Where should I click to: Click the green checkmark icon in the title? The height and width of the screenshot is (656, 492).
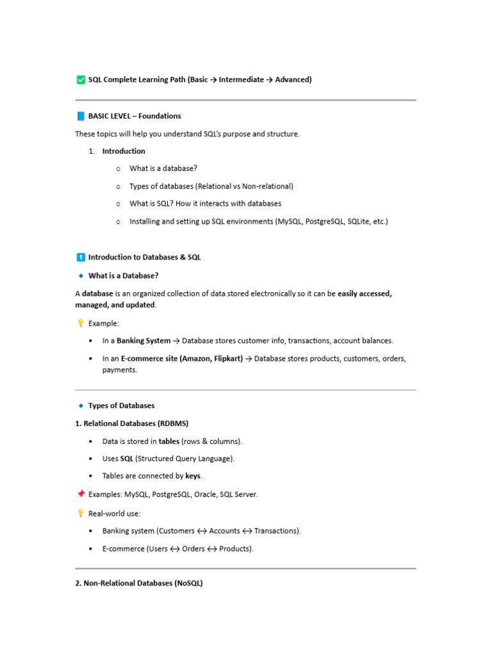(80, 80)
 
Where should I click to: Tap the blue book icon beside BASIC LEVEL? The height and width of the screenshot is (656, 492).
(80, 116)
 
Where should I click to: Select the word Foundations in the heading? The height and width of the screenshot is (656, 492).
(160, 116)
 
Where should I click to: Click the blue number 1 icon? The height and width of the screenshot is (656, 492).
(80, 258)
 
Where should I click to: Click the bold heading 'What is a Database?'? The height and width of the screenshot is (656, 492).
(123, 275)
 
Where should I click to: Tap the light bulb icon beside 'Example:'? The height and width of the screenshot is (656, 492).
(80, 324)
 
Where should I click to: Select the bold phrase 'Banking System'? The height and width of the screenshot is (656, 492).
(143, 341)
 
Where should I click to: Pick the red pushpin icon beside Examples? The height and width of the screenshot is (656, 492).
(80, 495)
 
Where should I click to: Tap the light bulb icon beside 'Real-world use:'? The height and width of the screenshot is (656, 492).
(80, 513)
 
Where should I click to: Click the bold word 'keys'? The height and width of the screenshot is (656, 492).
(193, 476)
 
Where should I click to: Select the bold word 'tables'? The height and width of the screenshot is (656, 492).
(169, 441)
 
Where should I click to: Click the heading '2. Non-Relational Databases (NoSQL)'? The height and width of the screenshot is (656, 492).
(139, 584)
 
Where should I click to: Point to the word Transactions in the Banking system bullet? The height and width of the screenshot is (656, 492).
(277, 531)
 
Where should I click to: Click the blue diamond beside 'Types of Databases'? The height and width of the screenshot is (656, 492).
(81, 406)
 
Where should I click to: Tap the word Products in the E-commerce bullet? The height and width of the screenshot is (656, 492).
(235, 549)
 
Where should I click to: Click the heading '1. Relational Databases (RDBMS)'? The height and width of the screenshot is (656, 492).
(132, 423)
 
